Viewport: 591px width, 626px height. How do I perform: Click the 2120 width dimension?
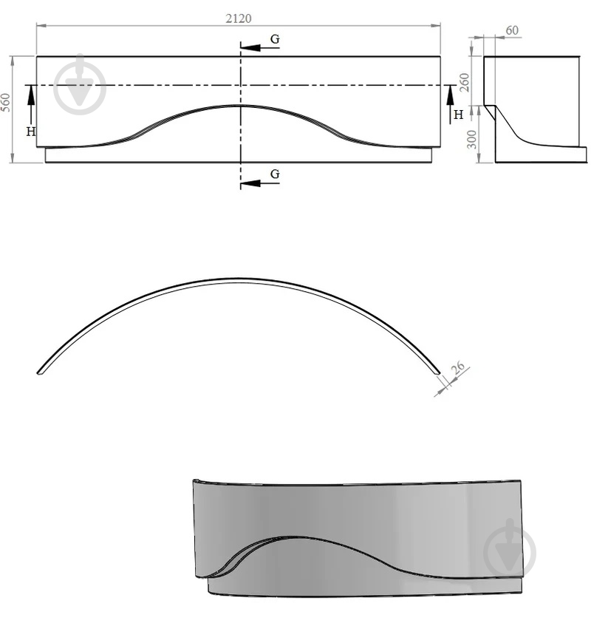click(238, 18)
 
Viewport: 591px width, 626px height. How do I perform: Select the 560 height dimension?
click(5, 102)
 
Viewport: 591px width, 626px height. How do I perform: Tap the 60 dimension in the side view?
click(512, 30)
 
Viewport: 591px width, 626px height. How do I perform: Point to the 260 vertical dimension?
click(464, 82)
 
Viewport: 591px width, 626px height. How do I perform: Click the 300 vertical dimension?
click(471, 139)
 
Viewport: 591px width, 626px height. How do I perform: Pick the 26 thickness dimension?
click(458, 367)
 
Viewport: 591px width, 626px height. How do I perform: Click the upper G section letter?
click(275, 38)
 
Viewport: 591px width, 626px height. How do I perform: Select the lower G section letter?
click(275, 174)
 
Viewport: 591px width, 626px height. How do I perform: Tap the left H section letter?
click(31, 132)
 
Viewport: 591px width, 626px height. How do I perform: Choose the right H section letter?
click(458, 115)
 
